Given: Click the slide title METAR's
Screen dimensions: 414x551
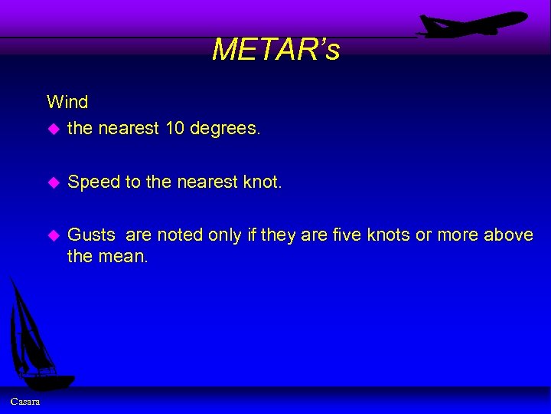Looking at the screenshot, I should (x=275, y=50).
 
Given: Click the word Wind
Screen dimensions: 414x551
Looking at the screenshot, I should (x=67, y=101).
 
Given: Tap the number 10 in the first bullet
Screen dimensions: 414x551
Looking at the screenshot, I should (x=175, y=129).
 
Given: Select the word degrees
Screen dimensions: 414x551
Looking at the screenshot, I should (x=224, y=129).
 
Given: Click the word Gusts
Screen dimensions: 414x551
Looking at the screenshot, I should (x=91, y=235).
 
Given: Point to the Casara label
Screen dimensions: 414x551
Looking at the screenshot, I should (x=25, y=402).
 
